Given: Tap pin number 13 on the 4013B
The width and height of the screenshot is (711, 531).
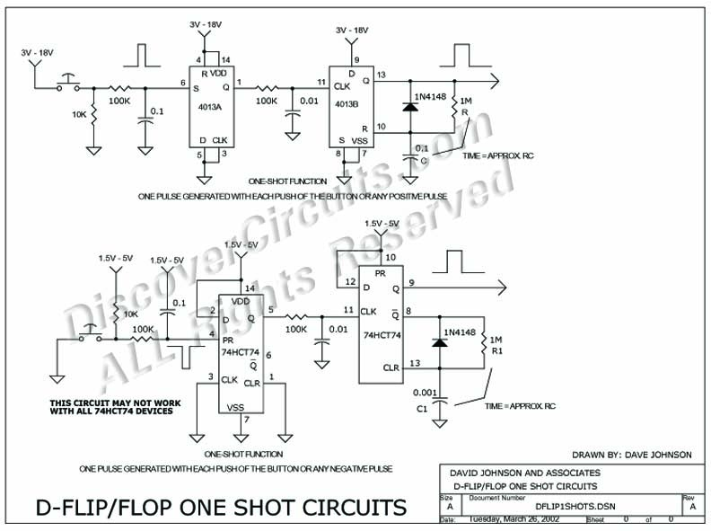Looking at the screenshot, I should pyautogui.click(x=381, y=75).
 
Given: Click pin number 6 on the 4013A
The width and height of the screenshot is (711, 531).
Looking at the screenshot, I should pyautogui.click(x=182, y=82).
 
